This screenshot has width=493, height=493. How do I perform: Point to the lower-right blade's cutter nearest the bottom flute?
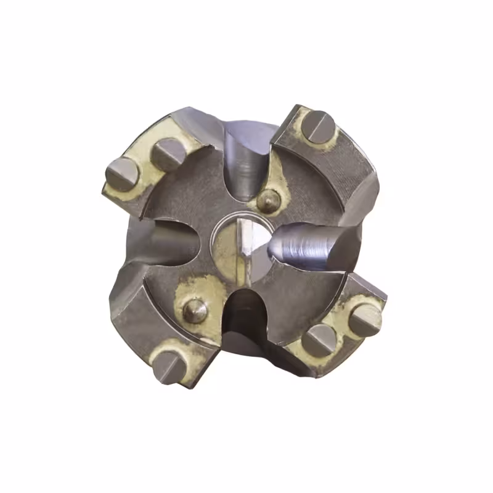pos(320,341)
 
